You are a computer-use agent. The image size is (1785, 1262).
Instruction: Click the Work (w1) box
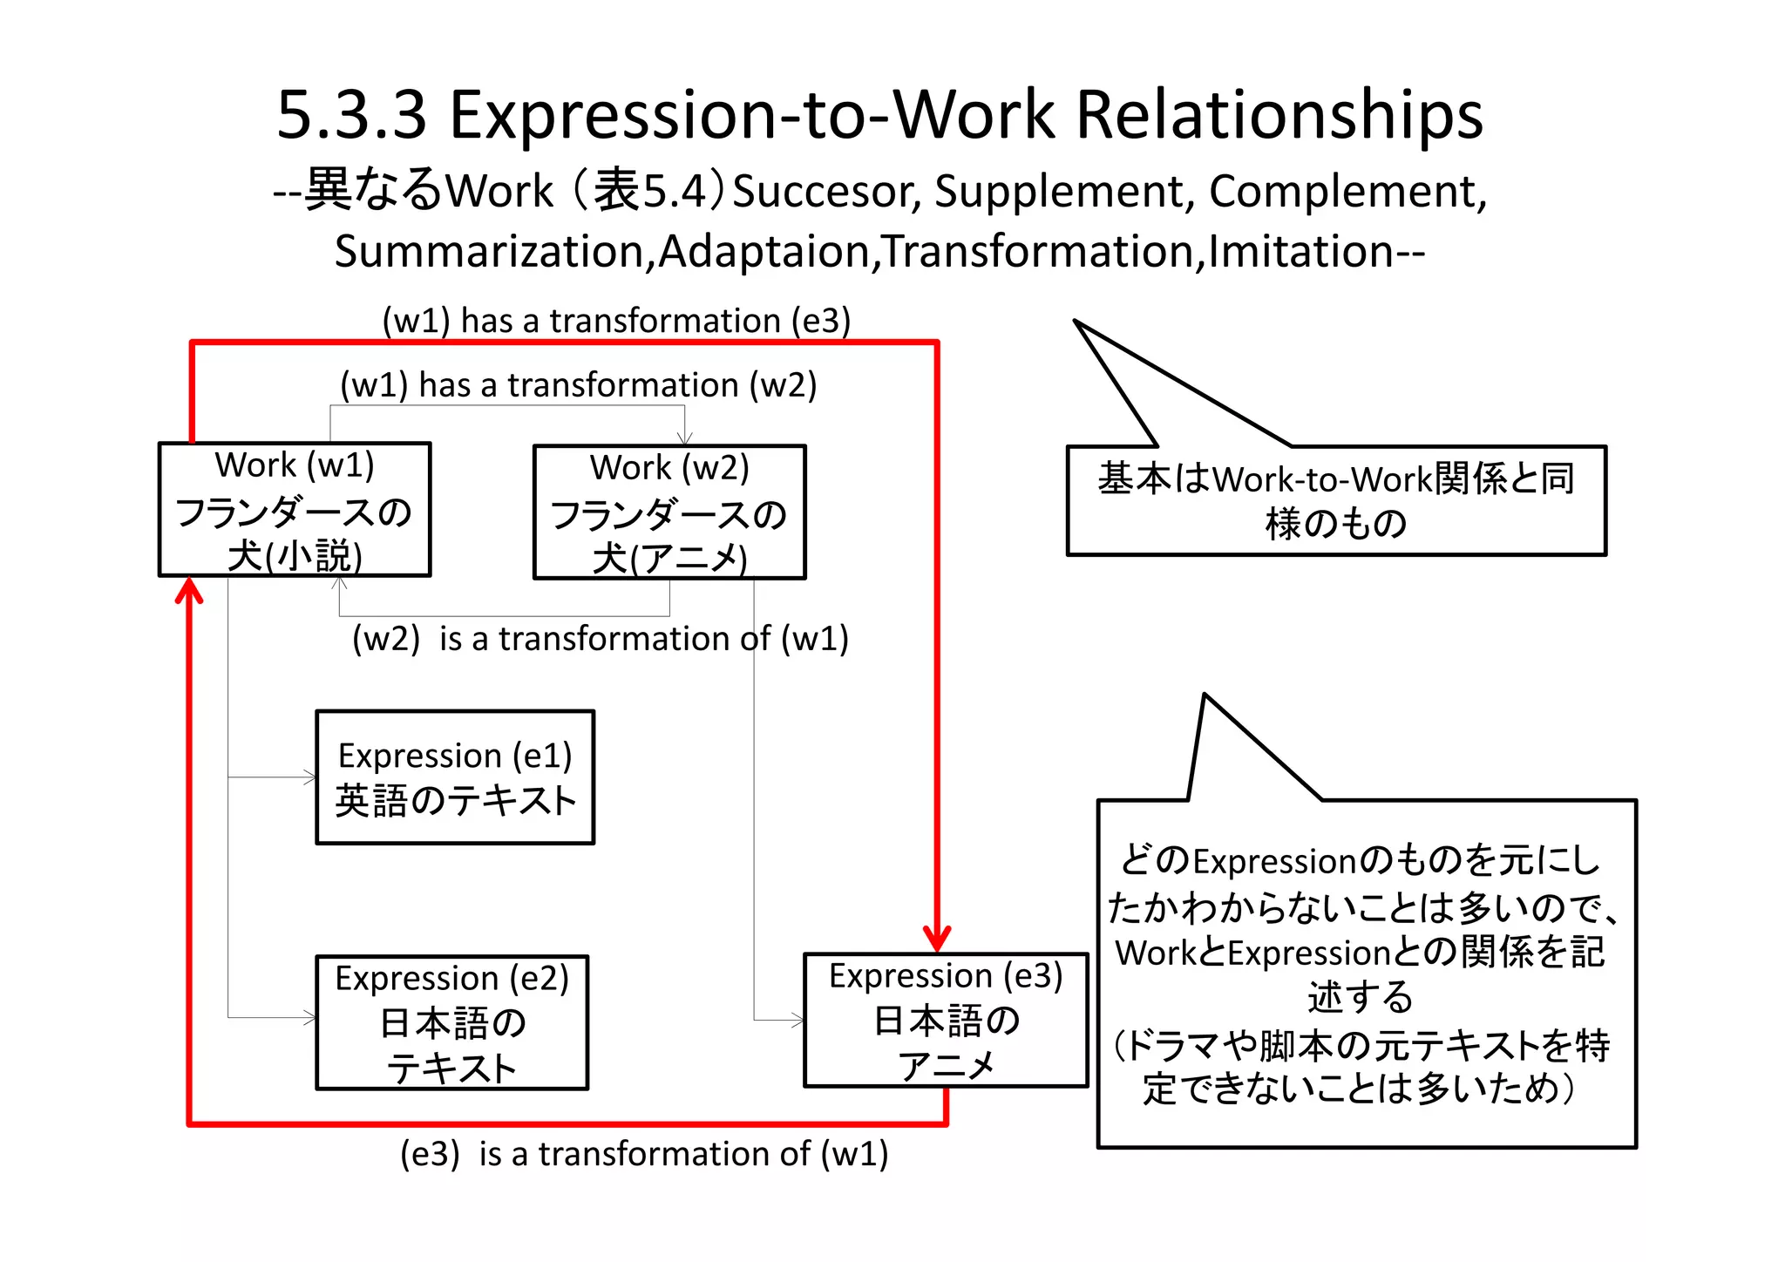(x=295, y=510)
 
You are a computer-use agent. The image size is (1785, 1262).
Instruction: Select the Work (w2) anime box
(x=669, y=512)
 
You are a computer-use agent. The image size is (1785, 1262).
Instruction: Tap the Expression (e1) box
(x=455, y=777)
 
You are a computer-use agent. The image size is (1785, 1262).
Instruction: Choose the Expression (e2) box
(x=452, y=1022)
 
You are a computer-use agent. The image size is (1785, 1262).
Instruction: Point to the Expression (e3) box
(x=946, y=1020)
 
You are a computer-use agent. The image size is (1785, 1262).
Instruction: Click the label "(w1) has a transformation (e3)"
(x=616, y=321)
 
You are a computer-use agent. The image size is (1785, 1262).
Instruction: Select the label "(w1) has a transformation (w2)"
(x=578, y=384)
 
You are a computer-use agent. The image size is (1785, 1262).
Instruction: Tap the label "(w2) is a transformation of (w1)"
(x=600, y=639)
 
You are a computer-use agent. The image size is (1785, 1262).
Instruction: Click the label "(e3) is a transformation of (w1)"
(x=644, y=1154)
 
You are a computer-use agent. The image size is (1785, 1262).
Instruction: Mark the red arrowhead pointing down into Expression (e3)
(x=937, y=940)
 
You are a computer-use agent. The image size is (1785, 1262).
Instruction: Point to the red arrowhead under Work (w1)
(x=189, y=591)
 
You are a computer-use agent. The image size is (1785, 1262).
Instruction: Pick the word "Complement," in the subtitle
(x=1347, y=192)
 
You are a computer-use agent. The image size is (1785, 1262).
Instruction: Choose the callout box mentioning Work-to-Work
(x=1336, y=500)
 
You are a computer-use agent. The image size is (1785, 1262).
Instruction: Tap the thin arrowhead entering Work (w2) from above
(x=685, y=438)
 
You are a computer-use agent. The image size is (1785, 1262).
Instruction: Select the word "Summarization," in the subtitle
(x=494, y=252)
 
